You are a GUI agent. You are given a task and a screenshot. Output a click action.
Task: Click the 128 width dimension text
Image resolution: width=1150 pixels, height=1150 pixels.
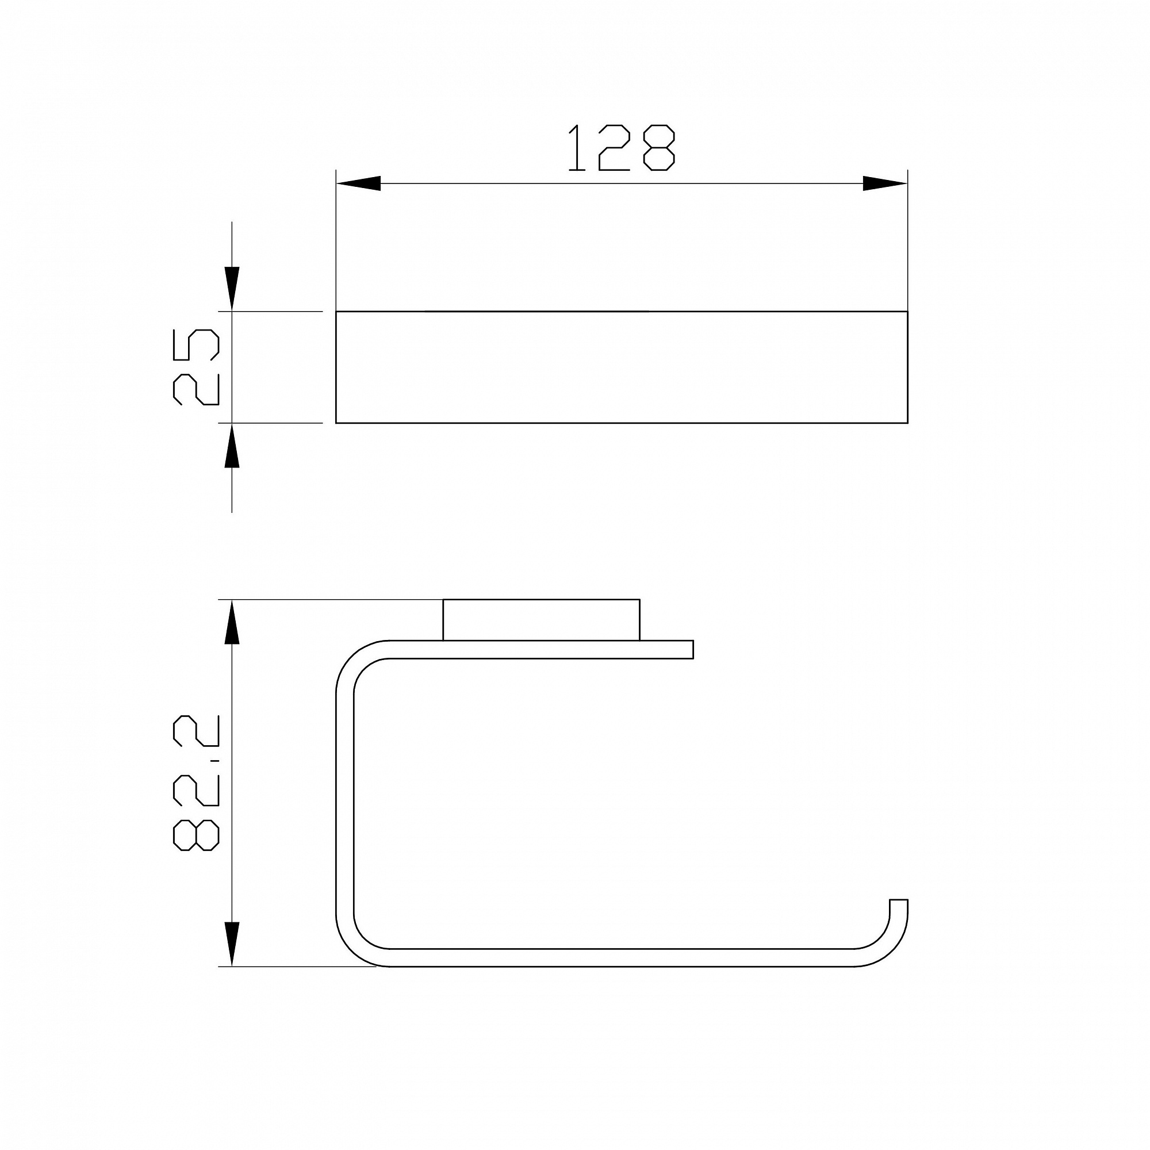click(622, 148)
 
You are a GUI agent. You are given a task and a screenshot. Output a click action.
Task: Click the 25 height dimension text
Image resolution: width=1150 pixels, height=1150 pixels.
click(196, 367)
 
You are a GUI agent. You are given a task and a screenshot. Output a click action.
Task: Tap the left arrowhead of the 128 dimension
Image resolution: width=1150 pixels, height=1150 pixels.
click(358, 183)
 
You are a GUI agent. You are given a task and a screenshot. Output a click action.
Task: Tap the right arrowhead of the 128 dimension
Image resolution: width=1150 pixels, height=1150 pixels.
click(885, 183)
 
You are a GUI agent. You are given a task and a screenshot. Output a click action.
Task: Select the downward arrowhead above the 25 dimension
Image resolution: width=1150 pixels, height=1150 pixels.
click(232, 289)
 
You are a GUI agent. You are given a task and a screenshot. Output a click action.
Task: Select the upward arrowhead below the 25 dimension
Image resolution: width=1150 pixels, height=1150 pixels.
click(232, 444)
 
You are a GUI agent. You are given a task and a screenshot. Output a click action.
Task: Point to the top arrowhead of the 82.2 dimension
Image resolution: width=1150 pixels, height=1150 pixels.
click(232, 622)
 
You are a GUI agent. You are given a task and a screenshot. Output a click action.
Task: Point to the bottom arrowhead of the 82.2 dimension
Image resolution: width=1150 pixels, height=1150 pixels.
click(232, 945)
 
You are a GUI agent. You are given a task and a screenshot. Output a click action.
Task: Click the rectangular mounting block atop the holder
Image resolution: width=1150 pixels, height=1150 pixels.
click(541, 620)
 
